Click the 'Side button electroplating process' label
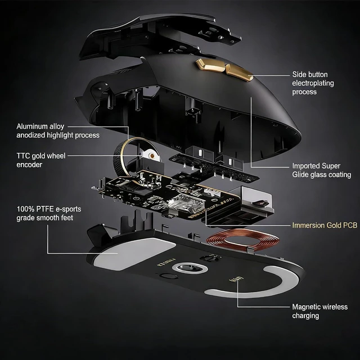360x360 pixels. [x=313, y=83]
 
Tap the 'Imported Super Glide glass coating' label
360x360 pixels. [x=321, y=170]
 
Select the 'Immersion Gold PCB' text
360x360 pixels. [x=325, y=225]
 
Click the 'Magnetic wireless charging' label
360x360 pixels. [x=319, y=311]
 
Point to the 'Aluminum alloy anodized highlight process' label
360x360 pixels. [x=58, y=130]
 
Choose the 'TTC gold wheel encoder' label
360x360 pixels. [x=41, y=160]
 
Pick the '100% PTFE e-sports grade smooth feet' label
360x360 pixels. [x=49, y=213]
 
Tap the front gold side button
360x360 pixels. [x=238, y=72]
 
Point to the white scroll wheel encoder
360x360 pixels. [x=150, y=155]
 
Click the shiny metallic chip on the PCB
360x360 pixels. [x=186, y=204]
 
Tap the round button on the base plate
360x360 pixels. [x=167, y=276]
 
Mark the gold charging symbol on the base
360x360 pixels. [x=236, y=280]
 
